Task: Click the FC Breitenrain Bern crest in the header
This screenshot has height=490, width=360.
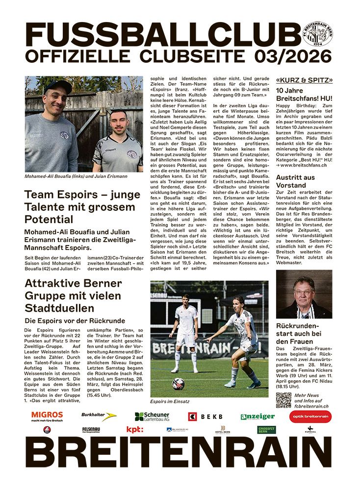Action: (x=318, y=34)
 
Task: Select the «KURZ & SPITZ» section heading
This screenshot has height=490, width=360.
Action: (x=304, y=80)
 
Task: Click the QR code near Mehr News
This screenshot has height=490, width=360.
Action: (x=283, y=400)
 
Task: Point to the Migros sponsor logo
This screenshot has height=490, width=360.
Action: (x=47, y=416)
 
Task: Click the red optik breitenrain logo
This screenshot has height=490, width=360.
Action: (x=310, y=416)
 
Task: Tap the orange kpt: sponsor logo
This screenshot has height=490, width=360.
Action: (x=134, y=430)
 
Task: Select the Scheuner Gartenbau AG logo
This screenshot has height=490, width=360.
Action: (x=152, y=416)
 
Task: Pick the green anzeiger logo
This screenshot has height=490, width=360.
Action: (x=257, y=416)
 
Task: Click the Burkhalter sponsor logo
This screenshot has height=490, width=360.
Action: (x=99, y=416)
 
